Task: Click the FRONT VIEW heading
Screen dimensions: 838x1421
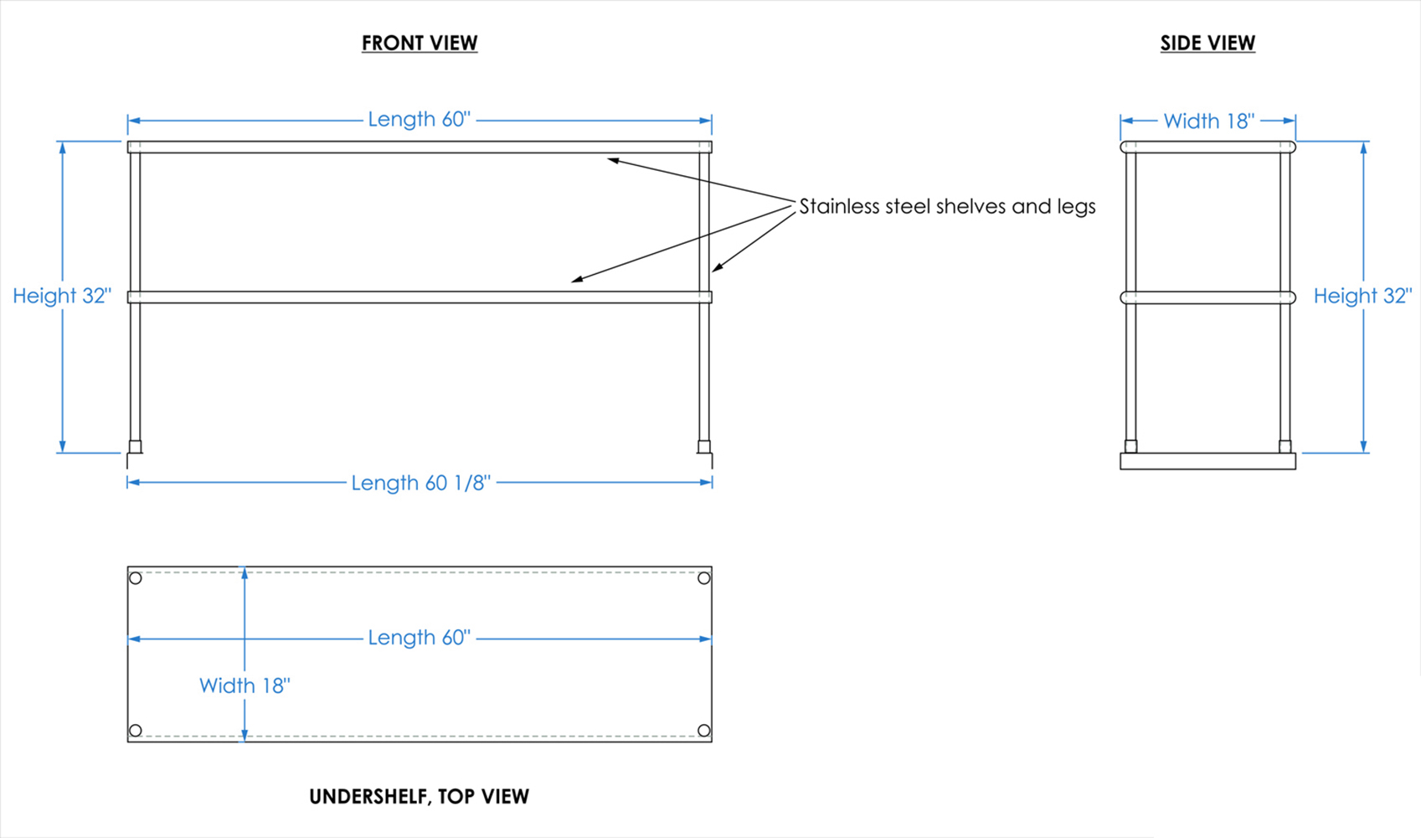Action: tap(420, 43)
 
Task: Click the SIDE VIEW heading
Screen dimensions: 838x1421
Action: tap(1207, 43)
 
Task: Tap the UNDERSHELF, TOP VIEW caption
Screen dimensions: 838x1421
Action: tap(419, 796)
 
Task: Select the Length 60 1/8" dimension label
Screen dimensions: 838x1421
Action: tap(420, 483)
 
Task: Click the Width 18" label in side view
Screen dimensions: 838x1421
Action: tap(1208, 122)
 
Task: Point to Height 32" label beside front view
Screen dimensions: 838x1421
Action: tap(62, 296)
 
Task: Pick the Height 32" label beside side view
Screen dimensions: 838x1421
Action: tap(1362, 296)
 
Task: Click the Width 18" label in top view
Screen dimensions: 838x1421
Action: tap(245, 685)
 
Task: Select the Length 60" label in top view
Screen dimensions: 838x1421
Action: tap(420, 638)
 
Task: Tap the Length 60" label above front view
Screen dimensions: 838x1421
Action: tap(420, 120)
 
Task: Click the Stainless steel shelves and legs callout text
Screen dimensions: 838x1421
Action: tap(947, 206)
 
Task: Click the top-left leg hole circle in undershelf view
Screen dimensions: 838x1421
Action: tap(136, 578)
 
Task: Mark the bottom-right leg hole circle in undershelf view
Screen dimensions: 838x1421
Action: tap(704, 731)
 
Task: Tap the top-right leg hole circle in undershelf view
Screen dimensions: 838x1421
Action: tap(704, 578)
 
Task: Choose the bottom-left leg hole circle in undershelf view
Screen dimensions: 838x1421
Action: tap(136, 731)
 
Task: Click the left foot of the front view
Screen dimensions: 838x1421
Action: tap(135, 447)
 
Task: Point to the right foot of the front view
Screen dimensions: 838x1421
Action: tap(704, 447)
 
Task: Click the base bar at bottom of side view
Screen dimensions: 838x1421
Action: tap(1207, 461)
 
